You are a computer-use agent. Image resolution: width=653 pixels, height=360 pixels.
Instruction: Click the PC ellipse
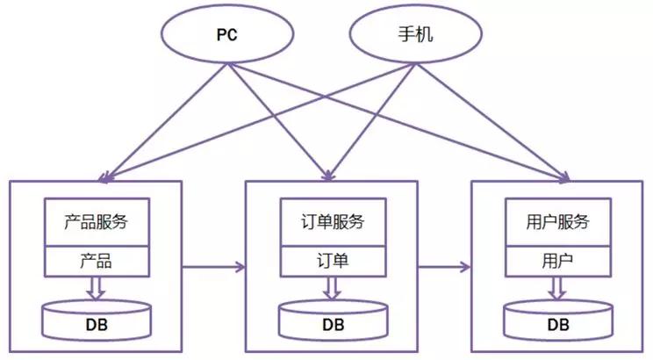pos(227,37)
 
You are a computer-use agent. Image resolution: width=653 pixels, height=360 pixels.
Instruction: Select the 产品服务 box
pos(97,222)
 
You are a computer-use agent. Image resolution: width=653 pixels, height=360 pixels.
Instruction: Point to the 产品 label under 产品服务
pos(97,261)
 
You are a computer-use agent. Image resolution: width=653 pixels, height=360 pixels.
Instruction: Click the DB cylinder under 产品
pos(97,320)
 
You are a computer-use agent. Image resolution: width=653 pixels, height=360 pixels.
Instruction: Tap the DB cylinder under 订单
pos(333,321)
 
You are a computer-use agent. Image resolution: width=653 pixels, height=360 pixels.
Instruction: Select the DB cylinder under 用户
pos(558,321)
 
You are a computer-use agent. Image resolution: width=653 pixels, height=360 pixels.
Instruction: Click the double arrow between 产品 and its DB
pos(97,287)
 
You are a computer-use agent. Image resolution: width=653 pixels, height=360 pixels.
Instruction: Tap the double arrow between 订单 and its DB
pos(333,288)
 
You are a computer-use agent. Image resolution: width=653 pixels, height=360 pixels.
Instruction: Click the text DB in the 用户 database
pos(558,325)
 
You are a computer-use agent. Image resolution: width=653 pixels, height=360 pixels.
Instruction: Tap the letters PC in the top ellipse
pos(227,37)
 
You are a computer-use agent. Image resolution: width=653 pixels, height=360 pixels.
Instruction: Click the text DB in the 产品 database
pos(97,324)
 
